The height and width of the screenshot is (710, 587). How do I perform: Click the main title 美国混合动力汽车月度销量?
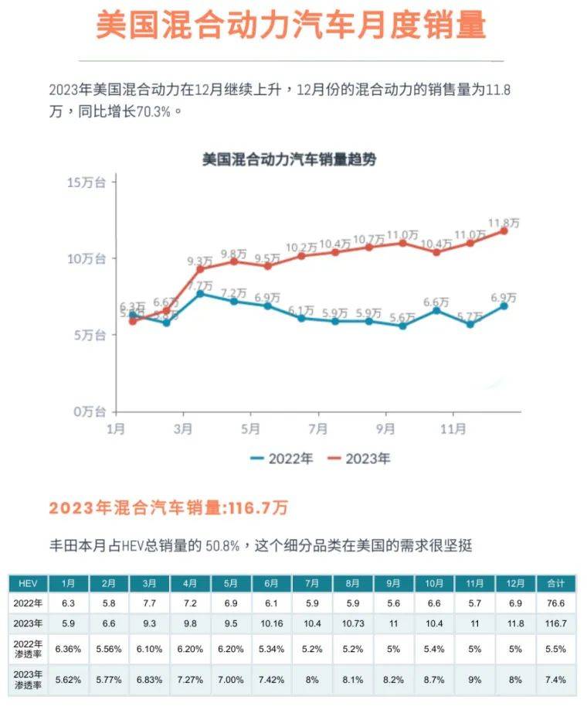pyautogui.click(x=290, y=26)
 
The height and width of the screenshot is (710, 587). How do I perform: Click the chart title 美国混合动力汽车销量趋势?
pyautogui.click(x=289, y=160)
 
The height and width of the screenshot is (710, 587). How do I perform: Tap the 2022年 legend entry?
pyautogui.click(x=282, y=459)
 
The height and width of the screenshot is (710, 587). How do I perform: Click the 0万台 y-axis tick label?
pyautogui.click(x=89, y=411)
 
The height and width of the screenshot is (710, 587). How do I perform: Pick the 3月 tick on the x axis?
pyautogui.click(x=183, y=428)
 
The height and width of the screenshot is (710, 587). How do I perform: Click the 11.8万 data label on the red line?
pyautogui.click(x=504, y=223)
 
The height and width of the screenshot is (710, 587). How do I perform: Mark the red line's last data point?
pyautogui.click(x=504, y=230)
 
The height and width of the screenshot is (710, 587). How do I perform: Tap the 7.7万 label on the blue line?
pyautogui.click(x=202, y=285)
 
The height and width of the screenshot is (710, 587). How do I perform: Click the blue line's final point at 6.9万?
pyautogui.click(x=504, y=306)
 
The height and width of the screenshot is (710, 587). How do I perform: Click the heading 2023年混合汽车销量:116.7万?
pyautogui.click(x=168, y=508)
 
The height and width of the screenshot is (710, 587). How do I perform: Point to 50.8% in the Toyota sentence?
pyautogui.click(x=224, y=546)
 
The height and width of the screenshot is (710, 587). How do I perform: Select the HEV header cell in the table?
pyautogui.click(x=28, y=583)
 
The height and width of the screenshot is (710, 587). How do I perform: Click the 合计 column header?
pyautogui.click(x=555, y=583)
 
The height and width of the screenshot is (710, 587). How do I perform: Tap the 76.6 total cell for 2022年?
pyautogui.click(x=555, y=602)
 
